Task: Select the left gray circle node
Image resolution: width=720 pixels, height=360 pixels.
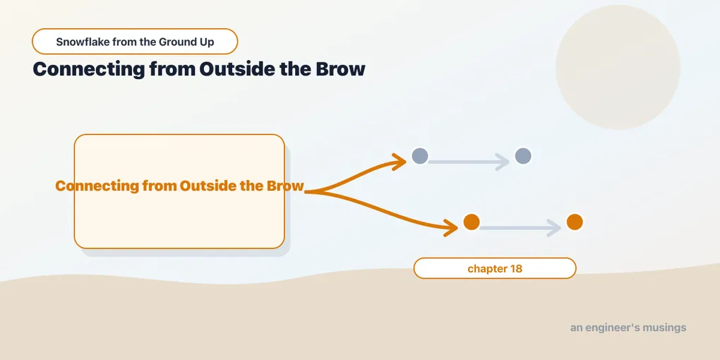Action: click(x=420, y=156)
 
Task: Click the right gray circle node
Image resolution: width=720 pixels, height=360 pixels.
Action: click(x=523, y=156)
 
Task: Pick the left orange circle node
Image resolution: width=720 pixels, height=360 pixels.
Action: click(x=472, y=222)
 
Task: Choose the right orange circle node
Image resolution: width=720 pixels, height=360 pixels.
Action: click(x=575, y=222)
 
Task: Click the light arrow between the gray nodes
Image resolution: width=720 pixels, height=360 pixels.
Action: click(x=469, y=162)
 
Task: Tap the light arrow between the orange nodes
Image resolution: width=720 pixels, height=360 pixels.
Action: click(x=520, y=228)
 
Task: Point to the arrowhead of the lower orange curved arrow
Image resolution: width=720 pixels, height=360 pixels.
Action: click(x=452, y=227)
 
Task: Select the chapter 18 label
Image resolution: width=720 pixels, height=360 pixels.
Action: click(x=495, y=268)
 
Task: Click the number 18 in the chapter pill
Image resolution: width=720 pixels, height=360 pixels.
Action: click(x=516, y=269)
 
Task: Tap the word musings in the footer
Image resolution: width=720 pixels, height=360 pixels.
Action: click(x=665, y=328)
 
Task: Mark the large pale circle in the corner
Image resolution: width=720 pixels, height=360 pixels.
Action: click(x=618, y=67)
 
